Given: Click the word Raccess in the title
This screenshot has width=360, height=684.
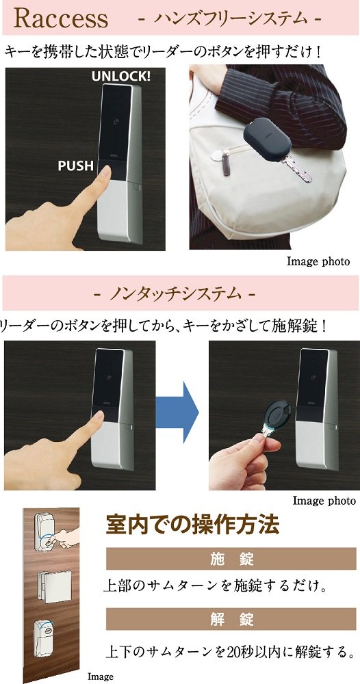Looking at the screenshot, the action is coord(61,18).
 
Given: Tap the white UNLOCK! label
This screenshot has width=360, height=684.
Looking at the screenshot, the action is coord(121,77).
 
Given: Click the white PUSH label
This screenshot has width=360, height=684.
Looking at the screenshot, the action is coord(76,166).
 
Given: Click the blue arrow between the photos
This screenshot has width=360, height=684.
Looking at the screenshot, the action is coord(177,412).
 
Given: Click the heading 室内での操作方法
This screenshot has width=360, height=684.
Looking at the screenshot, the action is coord(192,525).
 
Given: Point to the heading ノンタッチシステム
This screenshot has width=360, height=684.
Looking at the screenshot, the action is coord(175,293).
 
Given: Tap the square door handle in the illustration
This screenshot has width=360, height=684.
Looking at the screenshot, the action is coord(55,587).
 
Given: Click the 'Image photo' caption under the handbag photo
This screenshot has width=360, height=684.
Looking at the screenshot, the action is coord(318,261).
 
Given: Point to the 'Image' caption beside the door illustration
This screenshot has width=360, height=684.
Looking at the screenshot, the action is coord(100,676).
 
